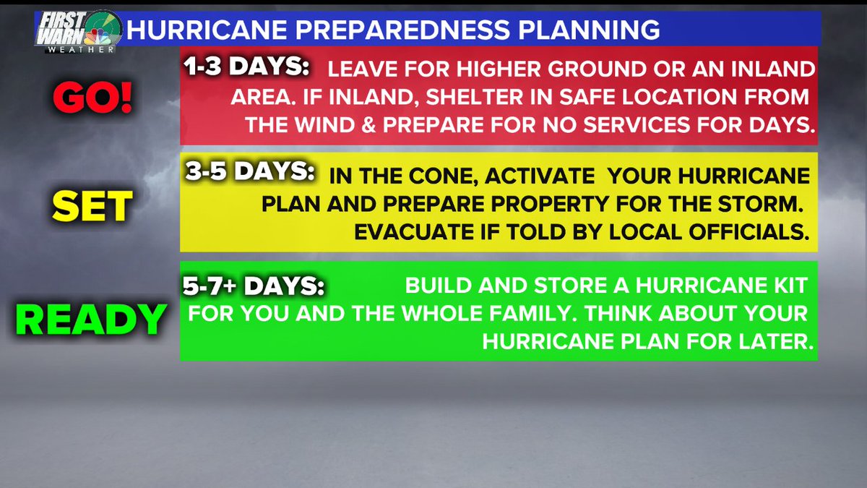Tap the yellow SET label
click(92, 207)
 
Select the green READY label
click(91, 320)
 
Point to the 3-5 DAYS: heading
click(249, 173)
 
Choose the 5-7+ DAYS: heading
click(254, 286)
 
